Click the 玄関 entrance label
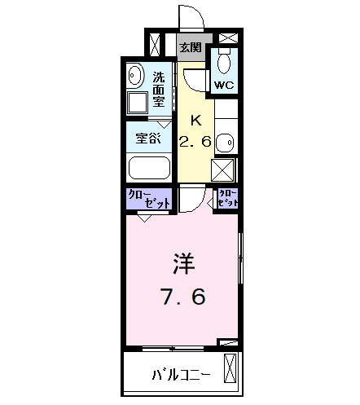pyautogui.click(x=191, y=47)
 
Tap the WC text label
pyautogui.click(x=224, y=85)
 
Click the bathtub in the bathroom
pyautogui.click(x=149, y=170)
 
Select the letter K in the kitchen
pyautogui.click(x=195, y=120)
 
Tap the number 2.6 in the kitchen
pyautogui.click(x=195, y=141)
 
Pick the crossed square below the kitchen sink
pyautogui.click(x=224, y=170)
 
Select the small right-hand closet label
pyautogui.click(x=226, y=199)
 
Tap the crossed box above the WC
pyautogui.click(x=226, y=38)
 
